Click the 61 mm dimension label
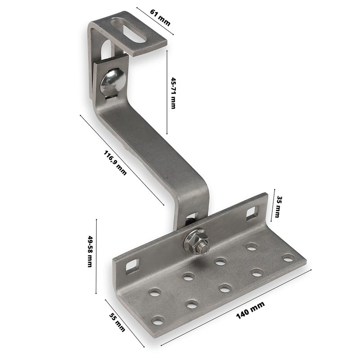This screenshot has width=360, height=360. click(160, 18)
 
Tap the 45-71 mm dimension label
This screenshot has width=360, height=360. click(174, 93)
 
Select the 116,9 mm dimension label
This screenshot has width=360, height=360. click(115, 162)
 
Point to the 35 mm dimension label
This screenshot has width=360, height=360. click(278, 207)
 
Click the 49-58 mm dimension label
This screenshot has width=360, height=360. click(90, 251)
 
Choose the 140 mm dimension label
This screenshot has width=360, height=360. click(251, 310)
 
